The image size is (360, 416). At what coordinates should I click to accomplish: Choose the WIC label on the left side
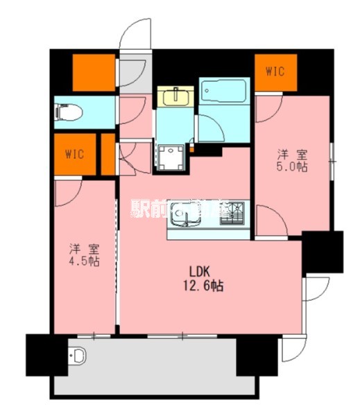pos(75,154)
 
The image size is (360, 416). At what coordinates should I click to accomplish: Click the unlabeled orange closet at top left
pos(94,71)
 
